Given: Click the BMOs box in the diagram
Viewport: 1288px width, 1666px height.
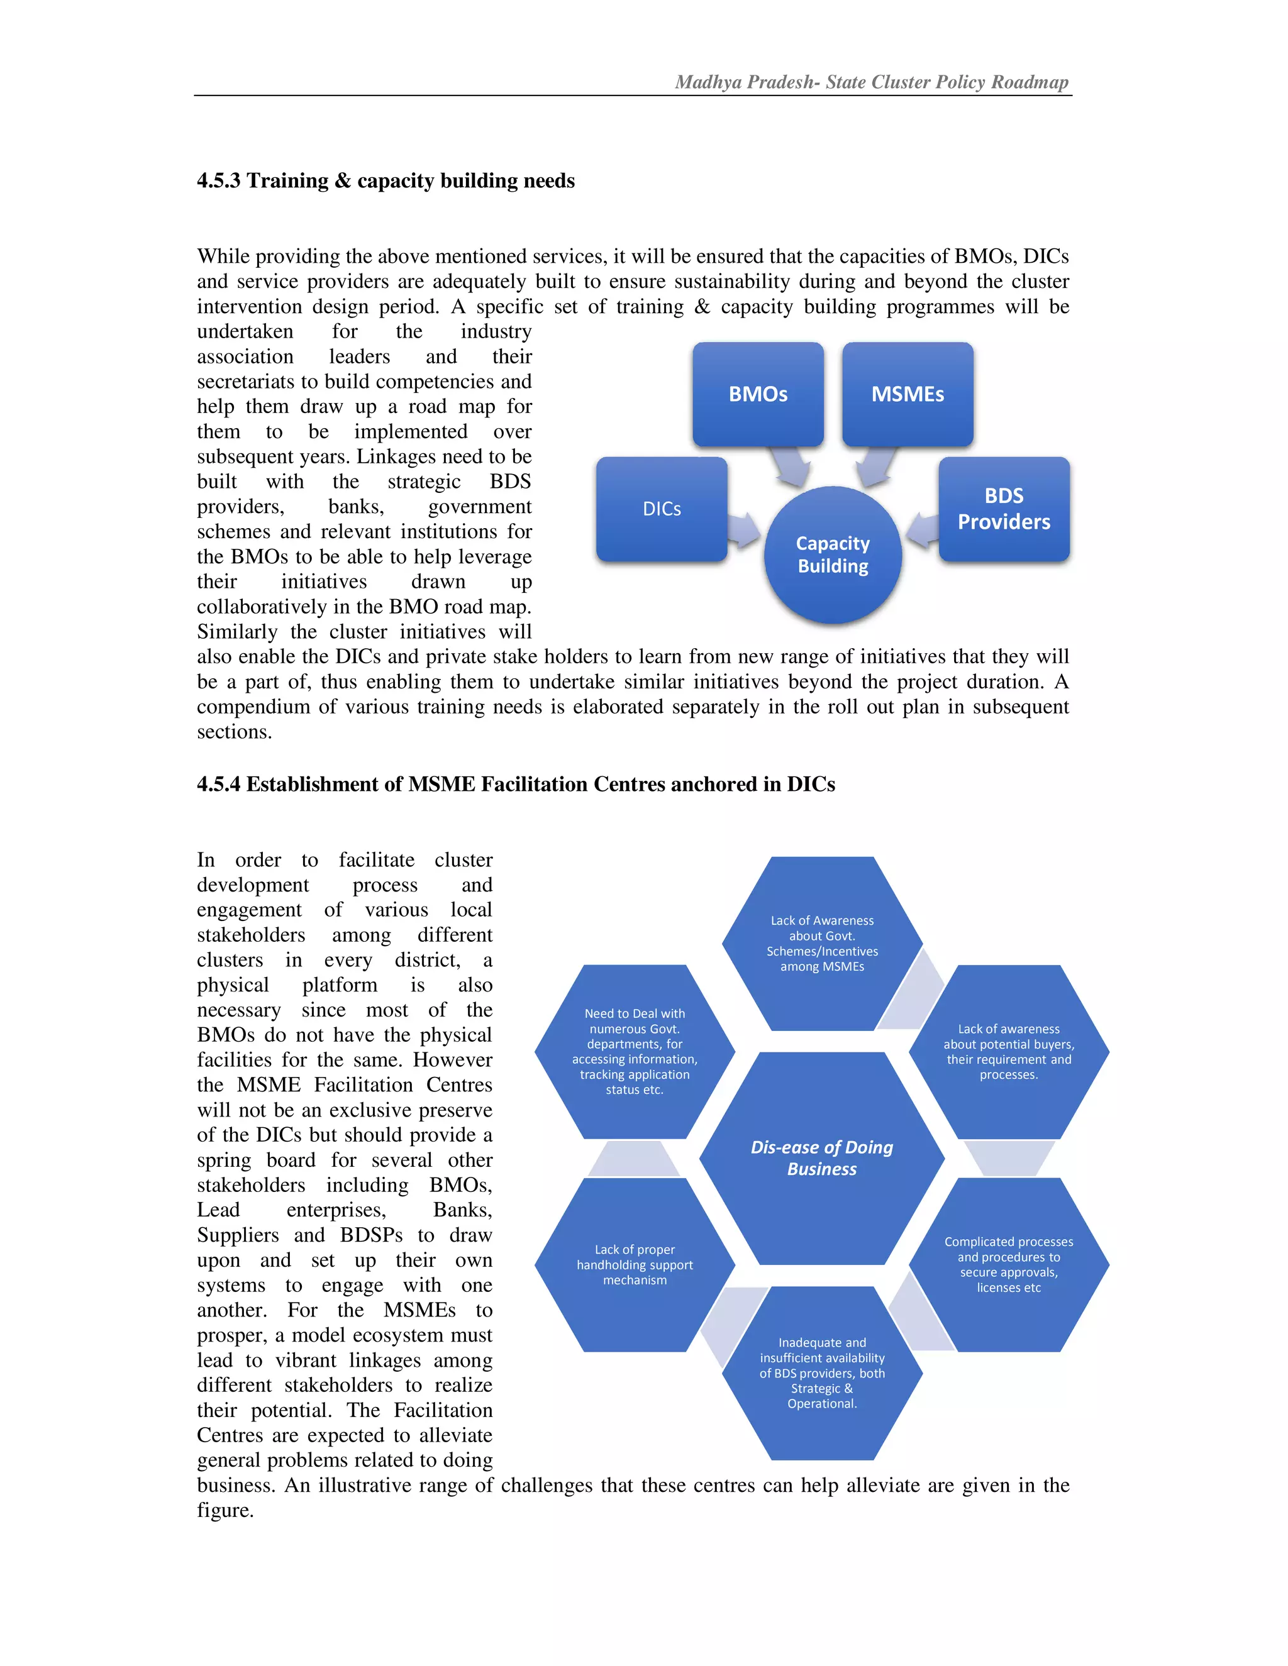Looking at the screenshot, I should tap(758, 394).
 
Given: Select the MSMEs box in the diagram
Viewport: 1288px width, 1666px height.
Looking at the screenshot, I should tap(908, 394).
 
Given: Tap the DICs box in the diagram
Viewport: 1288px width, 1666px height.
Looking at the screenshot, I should tap(662, 509).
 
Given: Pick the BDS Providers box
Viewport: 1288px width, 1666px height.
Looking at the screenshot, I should tap(1003, 509).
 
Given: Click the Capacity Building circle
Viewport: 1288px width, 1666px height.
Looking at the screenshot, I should tap(833, 554).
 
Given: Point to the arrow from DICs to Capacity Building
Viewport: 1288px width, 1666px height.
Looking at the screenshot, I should tap(744, 530).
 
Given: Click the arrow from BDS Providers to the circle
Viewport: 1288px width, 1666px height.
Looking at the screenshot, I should tap(923, 530).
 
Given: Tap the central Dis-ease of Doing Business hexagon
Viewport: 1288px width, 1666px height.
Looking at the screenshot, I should tap(822, 1158).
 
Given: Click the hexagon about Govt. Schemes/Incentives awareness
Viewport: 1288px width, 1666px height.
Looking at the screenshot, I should tap(822, 944).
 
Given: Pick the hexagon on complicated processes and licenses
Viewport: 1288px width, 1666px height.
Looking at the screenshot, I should tap(1008, 1264).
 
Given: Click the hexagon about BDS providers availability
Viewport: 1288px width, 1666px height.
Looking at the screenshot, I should tap(822, 1372).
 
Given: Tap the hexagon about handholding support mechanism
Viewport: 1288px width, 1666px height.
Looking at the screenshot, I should tap(634, 1264).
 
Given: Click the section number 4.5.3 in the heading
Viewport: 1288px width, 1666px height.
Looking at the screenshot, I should tap(218, 181).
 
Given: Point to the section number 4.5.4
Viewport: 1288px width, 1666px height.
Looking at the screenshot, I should tap(218, 784).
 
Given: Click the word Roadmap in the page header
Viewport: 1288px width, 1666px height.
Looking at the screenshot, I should tap(1030, 82).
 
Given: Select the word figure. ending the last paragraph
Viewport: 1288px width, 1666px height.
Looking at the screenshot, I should tap(225, 1509).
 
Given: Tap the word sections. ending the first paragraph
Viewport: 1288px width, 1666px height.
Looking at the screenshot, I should tap(234, 732).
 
